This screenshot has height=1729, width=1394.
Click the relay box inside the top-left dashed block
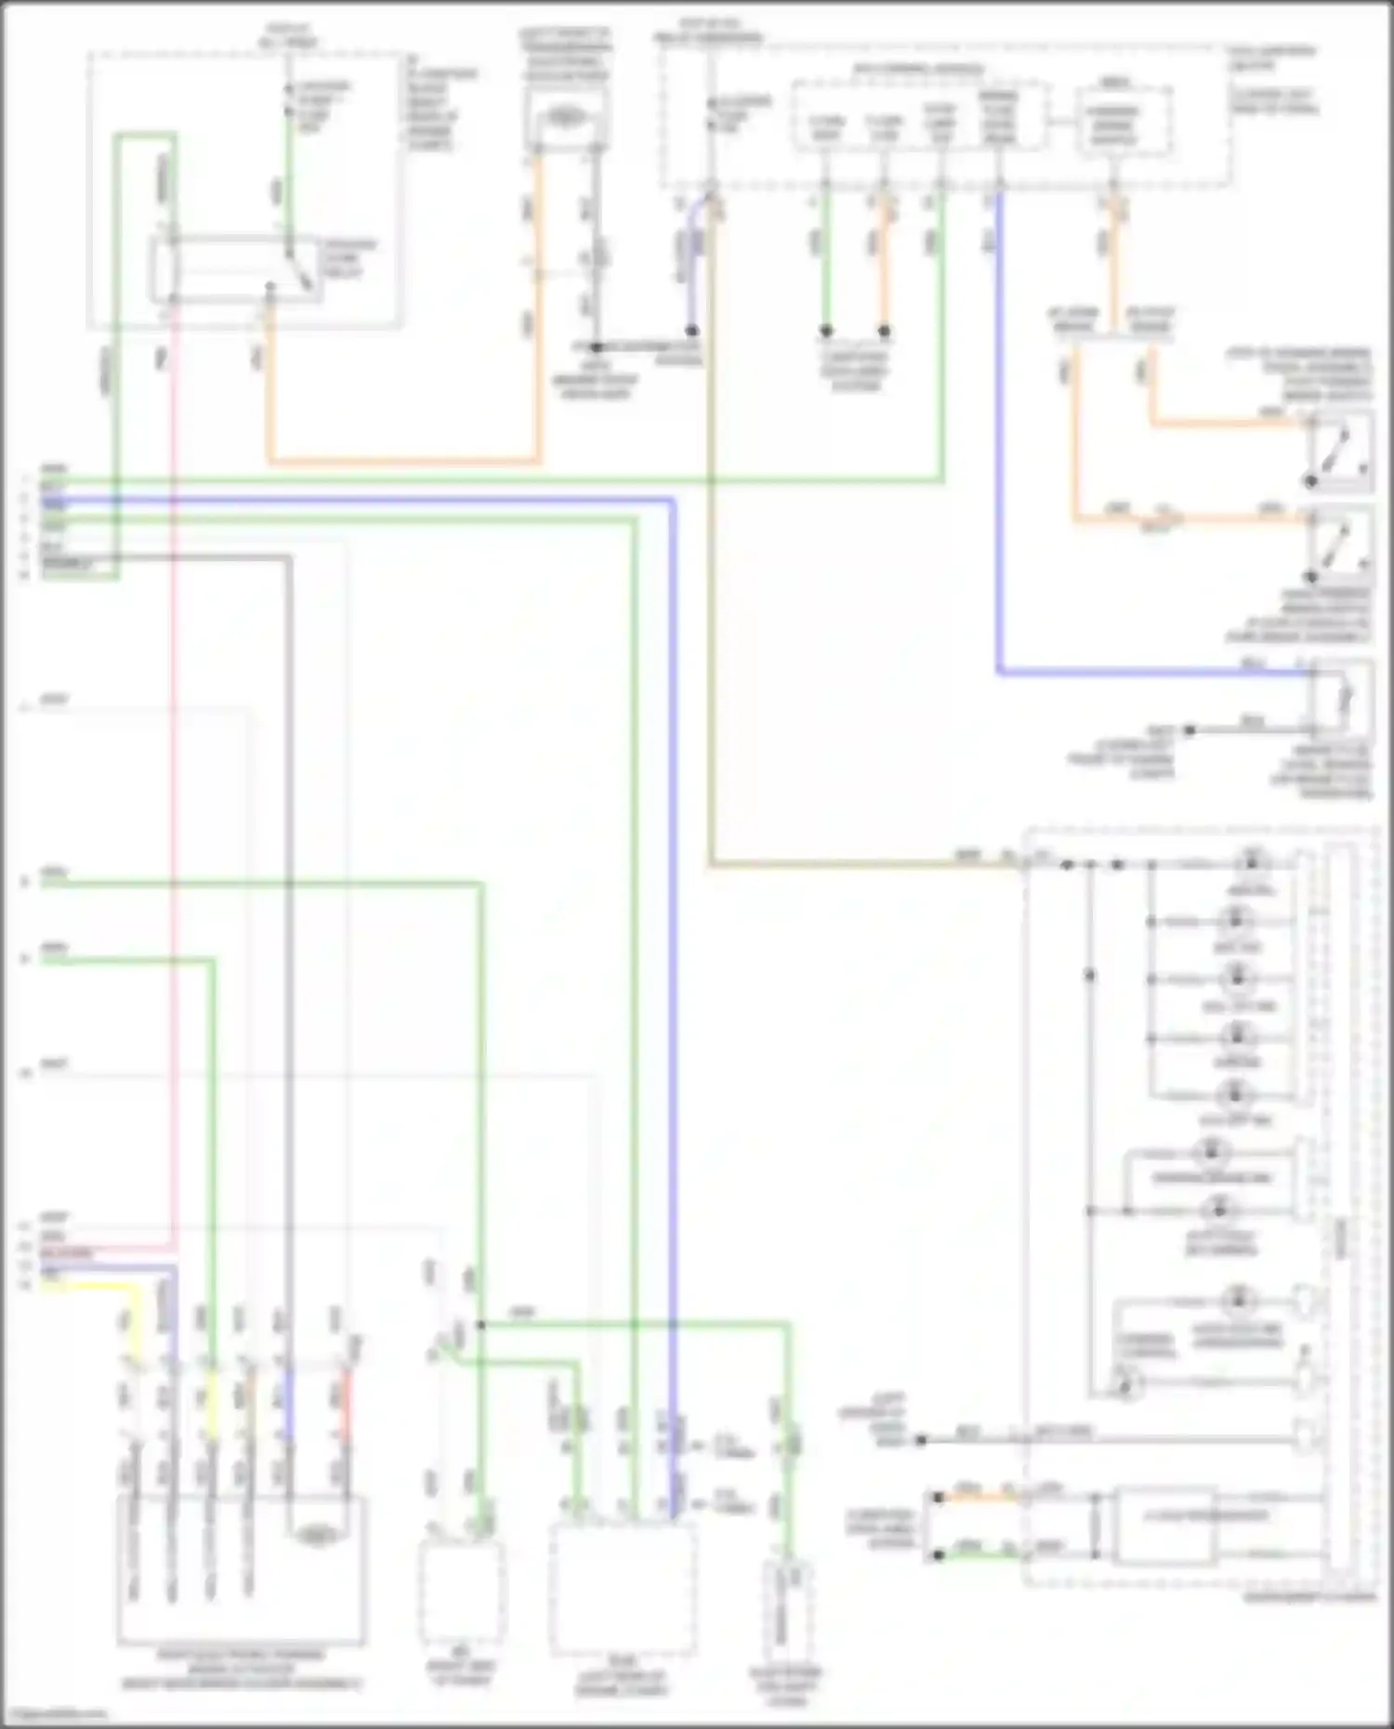237,269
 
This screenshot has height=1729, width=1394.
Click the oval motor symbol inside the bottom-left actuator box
316,1537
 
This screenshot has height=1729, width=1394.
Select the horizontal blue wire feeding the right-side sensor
1152,672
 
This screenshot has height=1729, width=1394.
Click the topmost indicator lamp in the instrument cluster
1251,860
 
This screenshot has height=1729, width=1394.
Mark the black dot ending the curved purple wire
691,330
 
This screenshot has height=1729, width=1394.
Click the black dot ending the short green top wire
825,330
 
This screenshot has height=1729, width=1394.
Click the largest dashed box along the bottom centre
622,1589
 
